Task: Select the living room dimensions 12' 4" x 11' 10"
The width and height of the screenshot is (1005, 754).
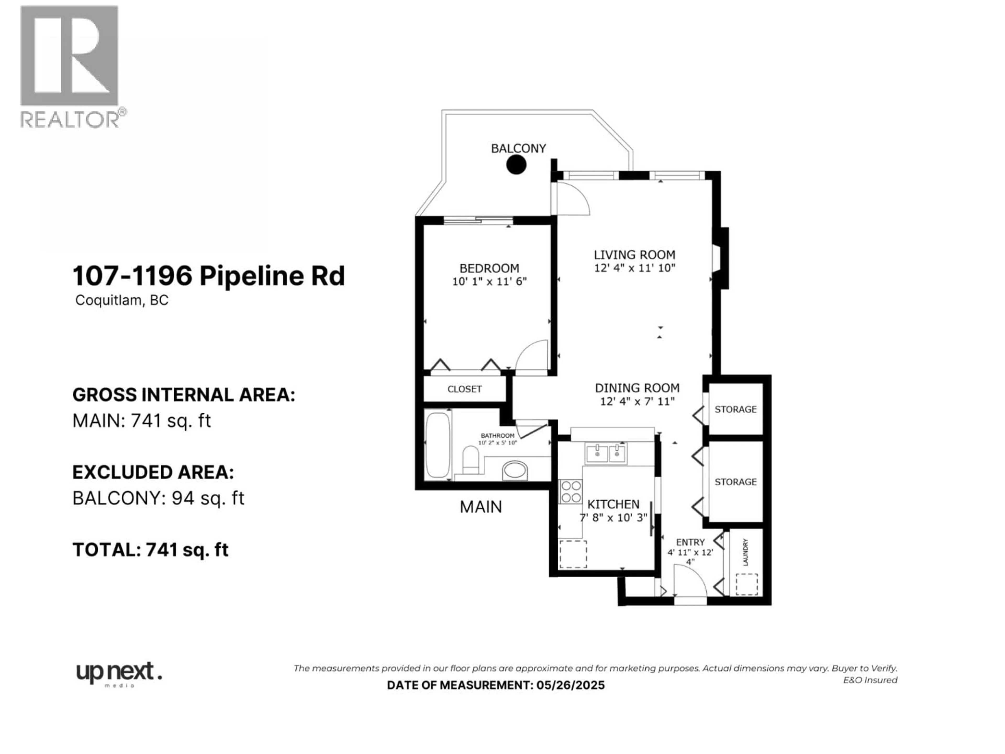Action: click(635, 268)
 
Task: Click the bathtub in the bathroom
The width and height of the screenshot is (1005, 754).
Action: click(438, 445)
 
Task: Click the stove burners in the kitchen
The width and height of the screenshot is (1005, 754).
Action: click(571, 491)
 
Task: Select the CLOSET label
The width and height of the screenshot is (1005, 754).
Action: click(464, 389)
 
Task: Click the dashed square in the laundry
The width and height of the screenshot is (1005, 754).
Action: click(746, 584)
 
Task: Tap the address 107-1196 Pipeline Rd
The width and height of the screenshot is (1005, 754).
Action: click(209, 276)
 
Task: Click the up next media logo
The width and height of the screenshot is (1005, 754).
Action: click(118, 674)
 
